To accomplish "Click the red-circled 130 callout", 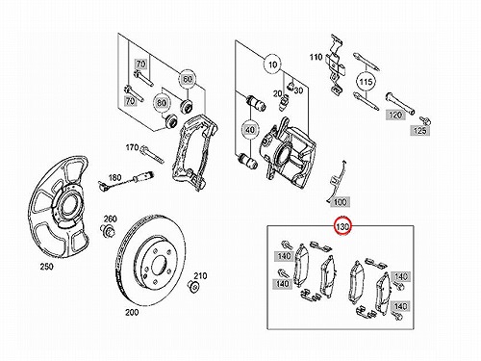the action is (x=342, y=226).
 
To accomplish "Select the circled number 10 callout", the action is (x=272, y=64).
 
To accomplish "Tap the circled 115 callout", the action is (x=366, y=82).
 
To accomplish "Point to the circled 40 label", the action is (x=250, y=130).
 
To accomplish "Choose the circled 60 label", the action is (x=188, y=79).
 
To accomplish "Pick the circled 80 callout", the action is (x=162, y=103).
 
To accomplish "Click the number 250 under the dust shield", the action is (x=47, y=267).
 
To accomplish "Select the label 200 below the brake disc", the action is (x=132, y=312).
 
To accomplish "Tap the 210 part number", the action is (x=200, y=275).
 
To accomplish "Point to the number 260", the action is (x=110, y=219).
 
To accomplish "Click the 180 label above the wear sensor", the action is (x=114, y=177).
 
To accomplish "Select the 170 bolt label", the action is (x=132, y=147).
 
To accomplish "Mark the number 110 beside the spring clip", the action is (x=316, y=57).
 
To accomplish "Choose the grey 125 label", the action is (x=420, y=130).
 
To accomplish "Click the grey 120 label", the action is (x=395, y=115).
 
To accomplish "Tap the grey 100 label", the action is (x=340, y=202).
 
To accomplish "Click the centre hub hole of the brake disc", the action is (x=160, y=265).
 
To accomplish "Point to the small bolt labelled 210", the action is (x=193, y=286).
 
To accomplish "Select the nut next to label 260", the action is (x=109, y=230).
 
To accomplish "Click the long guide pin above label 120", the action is (x=400, y=102).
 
